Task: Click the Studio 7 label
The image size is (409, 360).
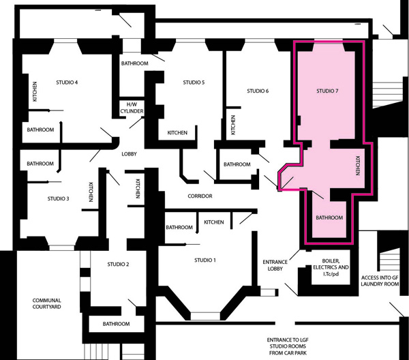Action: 327,91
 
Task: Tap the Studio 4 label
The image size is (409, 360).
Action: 67,82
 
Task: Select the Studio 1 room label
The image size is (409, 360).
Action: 205,260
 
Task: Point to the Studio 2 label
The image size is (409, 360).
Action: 118,265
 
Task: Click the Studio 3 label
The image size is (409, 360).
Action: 58,199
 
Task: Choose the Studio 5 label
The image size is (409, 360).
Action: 194,82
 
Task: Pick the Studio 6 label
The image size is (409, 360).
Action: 258,91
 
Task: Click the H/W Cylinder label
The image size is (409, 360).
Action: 132,108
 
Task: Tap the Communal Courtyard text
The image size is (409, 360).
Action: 46,303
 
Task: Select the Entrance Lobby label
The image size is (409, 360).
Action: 275,265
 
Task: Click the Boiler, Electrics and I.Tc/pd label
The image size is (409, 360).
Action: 331,267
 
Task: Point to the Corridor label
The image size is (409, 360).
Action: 200,196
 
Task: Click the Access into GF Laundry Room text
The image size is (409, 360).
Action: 380,281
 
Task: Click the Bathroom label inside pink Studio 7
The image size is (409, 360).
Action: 329,217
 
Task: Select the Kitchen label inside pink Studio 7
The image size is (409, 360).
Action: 358,166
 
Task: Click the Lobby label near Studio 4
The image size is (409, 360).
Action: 129,154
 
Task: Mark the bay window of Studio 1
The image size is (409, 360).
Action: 204,316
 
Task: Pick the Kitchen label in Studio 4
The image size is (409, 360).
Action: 35,91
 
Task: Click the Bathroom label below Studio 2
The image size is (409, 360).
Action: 116,324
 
